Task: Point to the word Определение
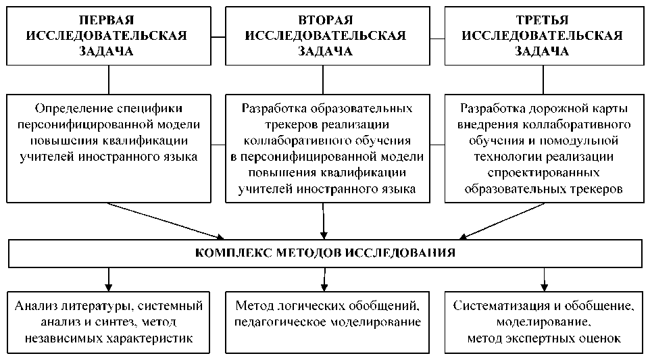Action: pos(74,109)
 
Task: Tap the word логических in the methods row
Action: pos(325,306)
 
